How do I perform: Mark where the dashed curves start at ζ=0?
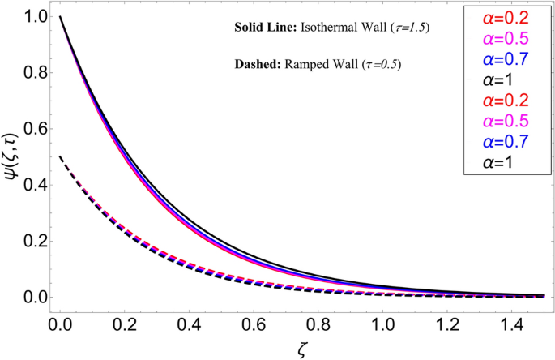pos(60,157)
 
